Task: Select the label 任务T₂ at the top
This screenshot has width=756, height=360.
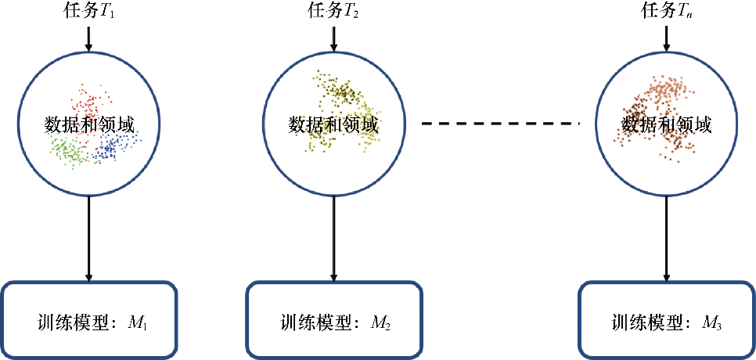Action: [x=334, y=13]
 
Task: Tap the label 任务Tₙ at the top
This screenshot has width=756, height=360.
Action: [x=666, y=13]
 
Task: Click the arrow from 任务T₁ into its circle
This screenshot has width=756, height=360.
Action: [x=88, y=39]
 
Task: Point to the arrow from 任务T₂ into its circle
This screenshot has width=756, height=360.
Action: [x=334, y=39]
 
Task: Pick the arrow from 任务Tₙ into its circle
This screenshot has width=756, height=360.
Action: [x=666, y=39]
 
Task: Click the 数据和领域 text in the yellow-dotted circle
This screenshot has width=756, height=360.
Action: [x=334, y=124]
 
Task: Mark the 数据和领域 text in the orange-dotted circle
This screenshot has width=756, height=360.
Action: [x=666, y=124]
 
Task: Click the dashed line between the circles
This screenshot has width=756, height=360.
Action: [x=500, y=123]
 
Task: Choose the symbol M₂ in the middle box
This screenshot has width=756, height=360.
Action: [x=381, y=322]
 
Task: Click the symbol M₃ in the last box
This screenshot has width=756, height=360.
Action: [x=711, y=322]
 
